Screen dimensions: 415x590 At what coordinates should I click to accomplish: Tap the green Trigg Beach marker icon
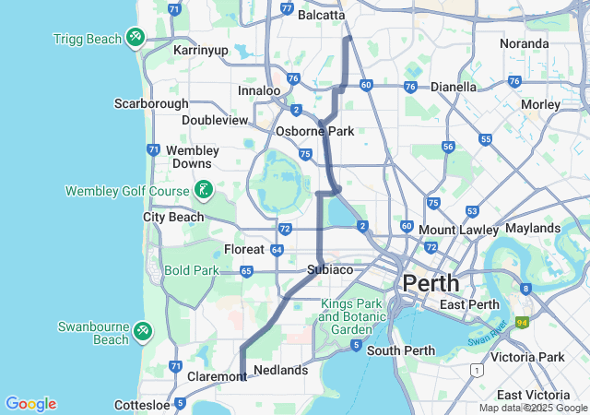tap(136, 37)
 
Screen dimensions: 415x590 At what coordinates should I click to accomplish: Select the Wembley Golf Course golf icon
tap(204, 191)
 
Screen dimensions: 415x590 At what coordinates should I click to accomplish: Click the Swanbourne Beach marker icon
tap(142, 330)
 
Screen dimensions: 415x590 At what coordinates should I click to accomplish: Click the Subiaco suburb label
tap(330, 270)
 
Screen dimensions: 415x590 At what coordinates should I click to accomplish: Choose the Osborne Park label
tap(315, 131)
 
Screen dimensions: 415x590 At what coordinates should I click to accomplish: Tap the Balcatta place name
tap(320, 15)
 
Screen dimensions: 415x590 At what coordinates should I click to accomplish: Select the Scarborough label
tap(151, 103)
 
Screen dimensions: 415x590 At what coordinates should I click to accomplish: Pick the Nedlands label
tap(280, 370)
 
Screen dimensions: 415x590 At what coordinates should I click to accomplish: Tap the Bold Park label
tap(190, 270)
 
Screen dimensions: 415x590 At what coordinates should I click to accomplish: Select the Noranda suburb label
tap(524, 43)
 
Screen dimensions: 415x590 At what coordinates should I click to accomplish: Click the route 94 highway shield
tap(522, 322)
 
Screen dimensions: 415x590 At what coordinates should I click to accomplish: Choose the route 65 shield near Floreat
tap(246, 271)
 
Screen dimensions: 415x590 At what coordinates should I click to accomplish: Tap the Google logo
tap(30, 404)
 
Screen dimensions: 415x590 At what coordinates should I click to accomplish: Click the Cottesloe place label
tap(145, 405)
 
